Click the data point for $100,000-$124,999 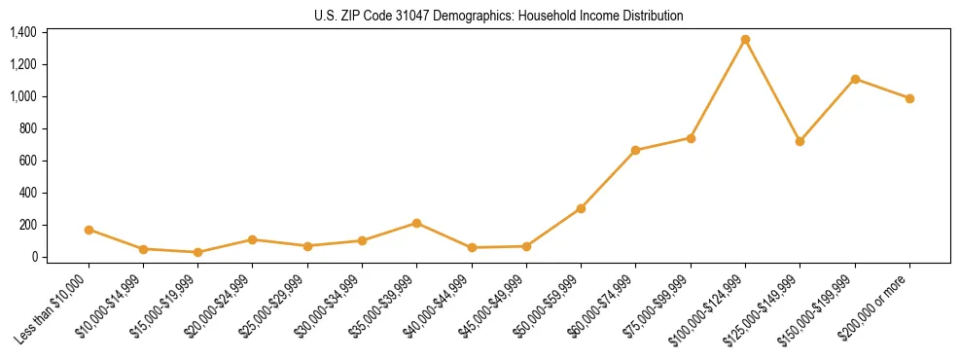745,40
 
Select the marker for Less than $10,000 89,230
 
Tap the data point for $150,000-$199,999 855,79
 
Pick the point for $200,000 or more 909,98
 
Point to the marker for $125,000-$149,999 800,141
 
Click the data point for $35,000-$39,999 416,223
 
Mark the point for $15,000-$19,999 197,252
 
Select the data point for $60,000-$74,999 635,151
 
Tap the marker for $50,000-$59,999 581,208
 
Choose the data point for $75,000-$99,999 691,138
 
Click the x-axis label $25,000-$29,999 276,306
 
